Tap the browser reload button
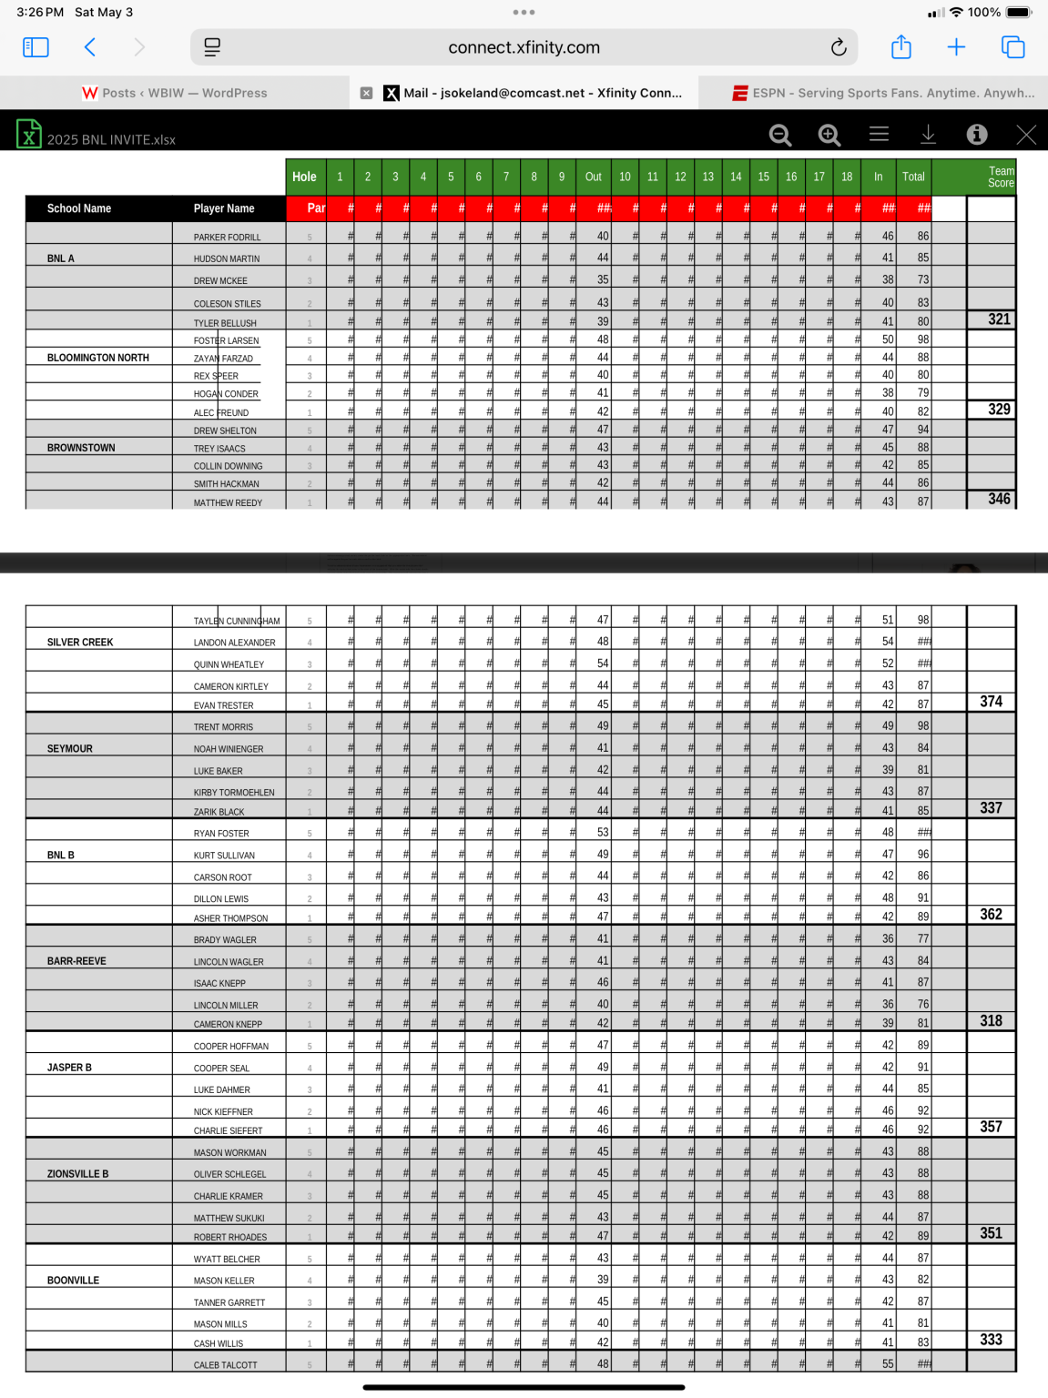pyautogui.click(x=839, y=47)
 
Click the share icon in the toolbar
pyautogui.click(x=900, y=47)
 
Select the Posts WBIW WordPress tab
pyautogui.click(x=175, y=93)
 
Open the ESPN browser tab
pyautogui.click(x=883, y=93)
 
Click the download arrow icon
pyautogui.click(x=928, y=135)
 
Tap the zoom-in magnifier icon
pyautogui.click(x=829, y=135)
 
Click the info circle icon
pyautogui.click(x=976, y=135)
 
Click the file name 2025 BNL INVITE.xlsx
pyautogui.click(x=111, y=139)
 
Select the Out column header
pyautogui.click(x=593, y=177)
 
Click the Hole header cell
pyautogui.click(x=304, y=177)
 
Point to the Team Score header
pyautogui.click(x=1000, y=177)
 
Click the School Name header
pyautogui.click(x=79, y=208)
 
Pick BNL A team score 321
pyautogui.click(x=999, y=319)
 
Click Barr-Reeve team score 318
pyautogui.click(x=991, y=1021)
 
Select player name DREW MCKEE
pyautogui.click(x=220, y=281)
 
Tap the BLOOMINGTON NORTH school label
pyautogui.click(x=98, y=358)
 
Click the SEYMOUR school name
pyautogui.click(x=70, y=749)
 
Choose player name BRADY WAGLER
pyautogui.click(x=225, y=940)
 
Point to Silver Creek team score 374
pyautogui.click(x=991, y=702)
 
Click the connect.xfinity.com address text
pyautogui.click(x=524, y=47)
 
